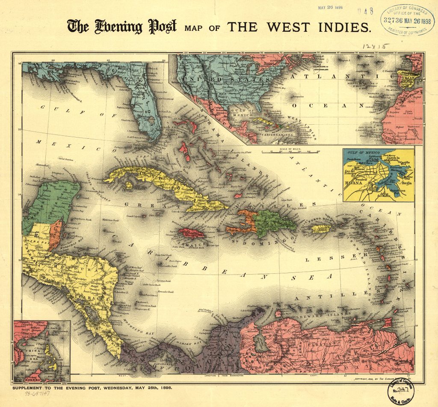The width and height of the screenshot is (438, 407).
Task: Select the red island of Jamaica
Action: pos(192,234)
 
